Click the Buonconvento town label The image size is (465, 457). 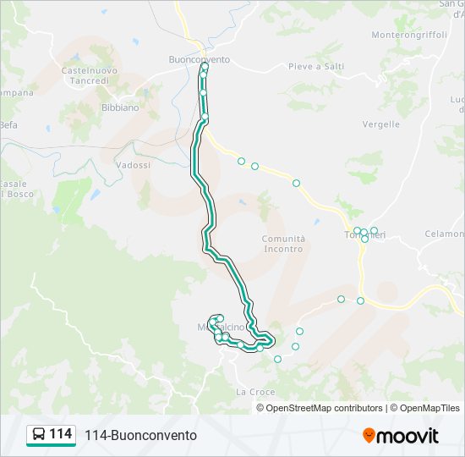pos(199,59)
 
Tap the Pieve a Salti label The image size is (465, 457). pos(315,66)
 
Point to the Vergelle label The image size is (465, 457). pos(380,124)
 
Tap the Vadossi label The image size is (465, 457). pos(133,165)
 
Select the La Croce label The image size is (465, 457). pos(254,392)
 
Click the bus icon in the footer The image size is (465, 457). pos(39,435)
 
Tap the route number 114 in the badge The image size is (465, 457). pos(60,434)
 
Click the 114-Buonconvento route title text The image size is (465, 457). pos(140,435)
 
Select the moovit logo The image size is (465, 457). pos(401,436)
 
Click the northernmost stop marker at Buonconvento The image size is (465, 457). pos(205,66)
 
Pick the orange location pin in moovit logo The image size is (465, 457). pos(369,436)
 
